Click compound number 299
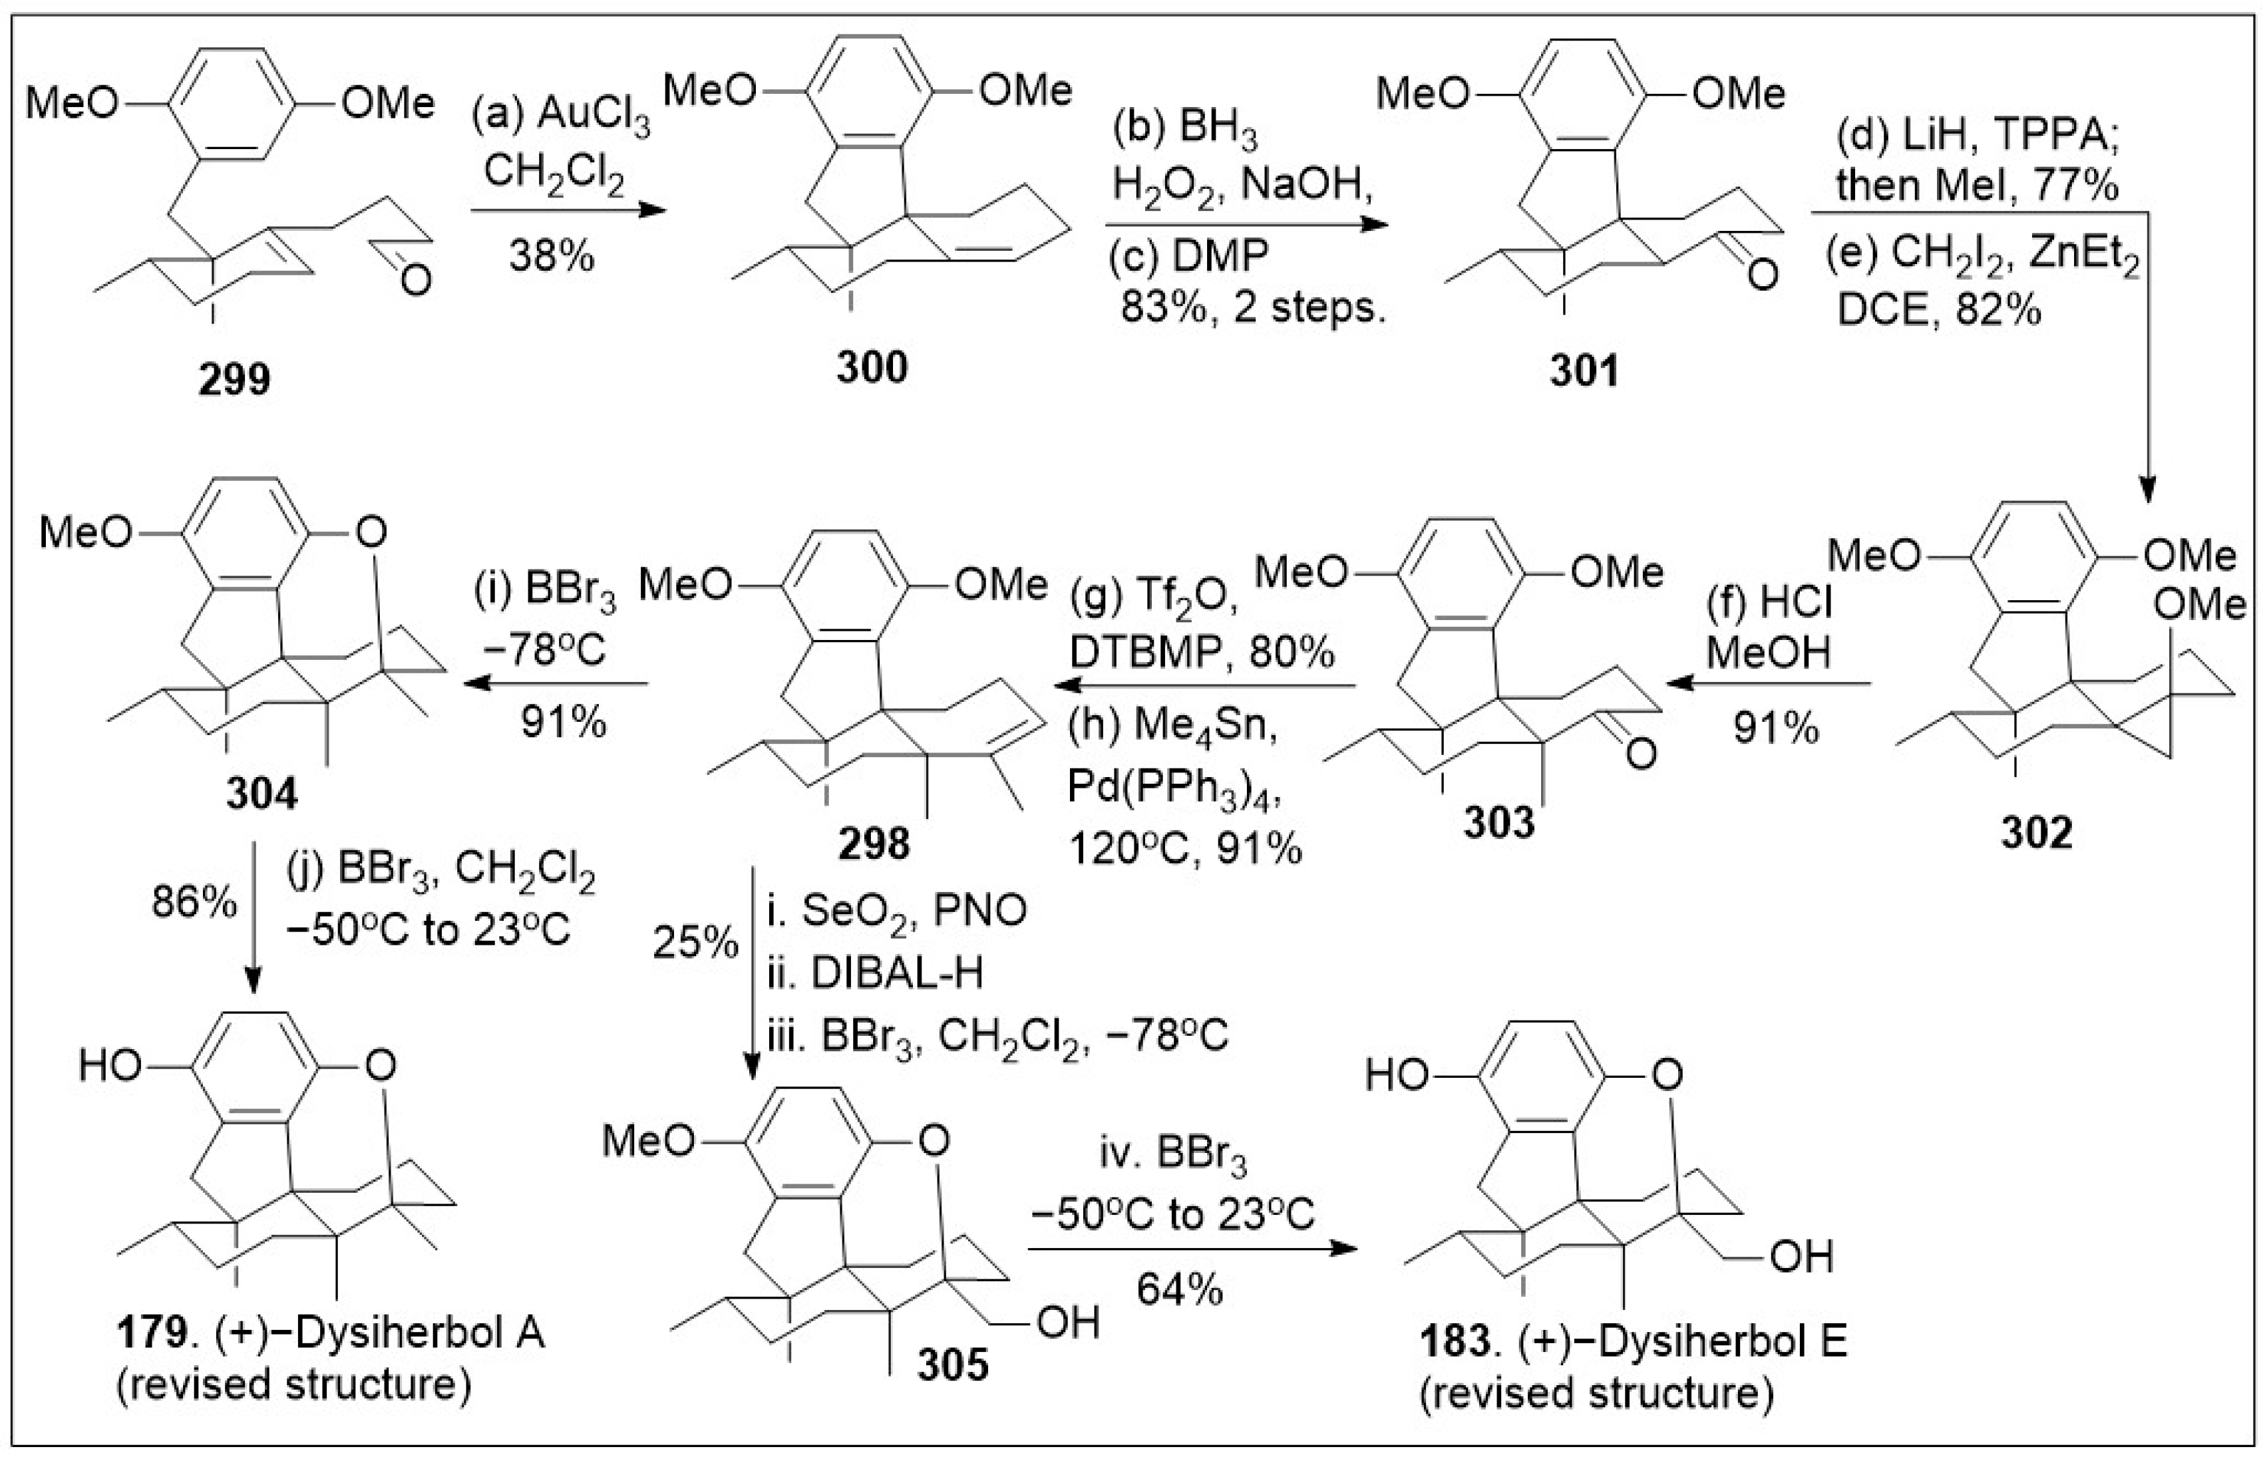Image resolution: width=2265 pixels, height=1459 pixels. pyautogui.click(x=234, y=379)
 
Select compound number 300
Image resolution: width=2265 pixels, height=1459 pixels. pyautogui.click(x=872, y=367)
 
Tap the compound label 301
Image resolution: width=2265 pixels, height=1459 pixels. pyautogui.click(x=1584, y=371)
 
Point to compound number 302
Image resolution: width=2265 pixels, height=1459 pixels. pyautogui.click(x=2037, y=832)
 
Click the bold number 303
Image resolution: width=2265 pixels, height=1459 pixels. pyautogui.click(x=1498, y=822)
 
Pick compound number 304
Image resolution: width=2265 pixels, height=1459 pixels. pyautogui.click(x=261, y=794)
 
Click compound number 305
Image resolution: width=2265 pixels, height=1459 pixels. pyautogui.click(x=953, y=1365)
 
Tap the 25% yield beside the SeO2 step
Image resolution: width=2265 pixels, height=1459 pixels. pyautogui.click(x=695, y=943)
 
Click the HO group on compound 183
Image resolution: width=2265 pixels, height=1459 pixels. pyautogui.click(x=1398, y=1075)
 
